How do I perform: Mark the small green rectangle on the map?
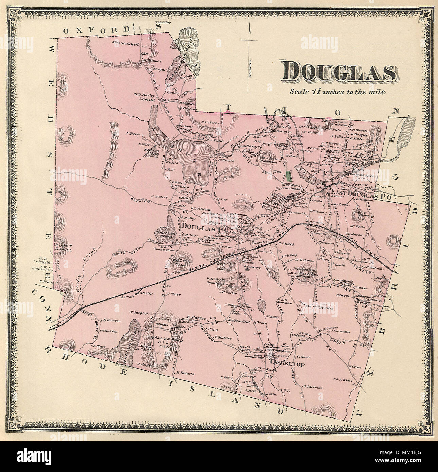[290, 176]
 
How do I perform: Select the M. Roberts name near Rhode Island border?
[185, 373]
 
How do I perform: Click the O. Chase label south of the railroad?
[174, 294]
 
